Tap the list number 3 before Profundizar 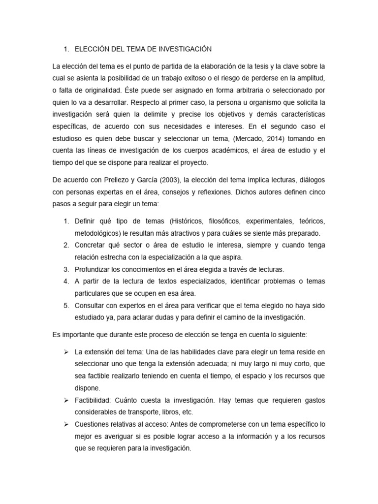[x=66, y=269]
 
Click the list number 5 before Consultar [x=66, y=305]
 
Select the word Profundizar [x=93, y=269]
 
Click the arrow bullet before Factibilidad [x=66, y=400]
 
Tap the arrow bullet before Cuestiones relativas [x=66, y=424]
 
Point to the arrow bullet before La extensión [x=66, y=352]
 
